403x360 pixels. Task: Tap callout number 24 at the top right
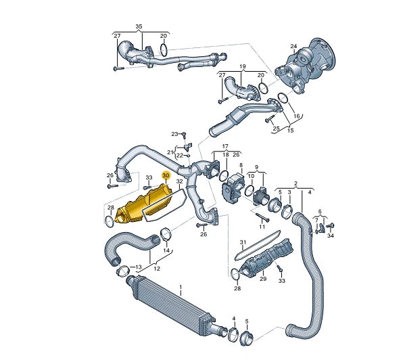point(293,47)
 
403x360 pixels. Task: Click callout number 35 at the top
point(139,27)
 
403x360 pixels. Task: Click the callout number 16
point(295,116)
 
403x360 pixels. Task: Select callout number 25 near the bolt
point(275,128)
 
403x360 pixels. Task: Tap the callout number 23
point(174,134)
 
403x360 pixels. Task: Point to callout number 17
point(225,145)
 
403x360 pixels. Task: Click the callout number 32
point(179,182)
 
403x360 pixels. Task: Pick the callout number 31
point(242,242)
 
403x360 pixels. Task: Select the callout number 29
point(264,279)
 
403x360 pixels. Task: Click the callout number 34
point(330,235)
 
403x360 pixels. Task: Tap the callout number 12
point(156,269)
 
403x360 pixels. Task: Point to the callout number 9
point(256,166)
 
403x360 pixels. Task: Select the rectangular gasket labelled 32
point(165,206)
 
